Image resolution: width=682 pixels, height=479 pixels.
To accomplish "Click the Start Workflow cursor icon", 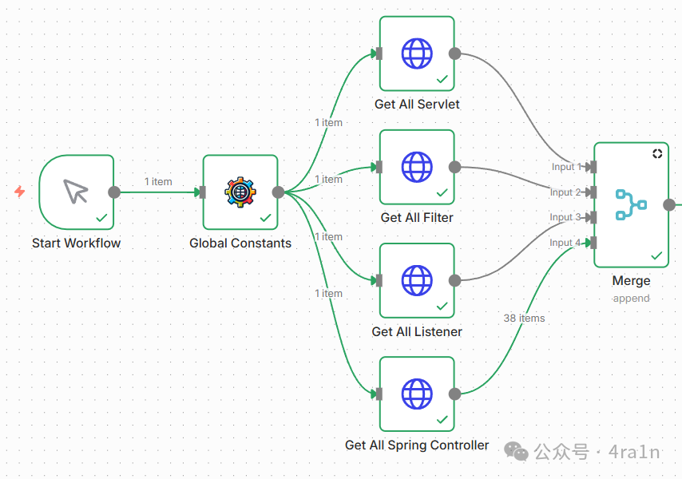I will [x=76, y=192].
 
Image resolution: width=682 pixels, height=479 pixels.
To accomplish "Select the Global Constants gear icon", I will [x=240, y=192].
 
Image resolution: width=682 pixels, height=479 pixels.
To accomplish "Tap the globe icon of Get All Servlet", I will [x=416, y=53].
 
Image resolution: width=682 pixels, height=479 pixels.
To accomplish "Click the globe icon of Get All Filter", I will [x=416, y=167].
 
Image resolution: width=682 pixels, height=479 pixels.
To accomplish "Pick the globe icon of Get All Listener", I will [x=416, y=280].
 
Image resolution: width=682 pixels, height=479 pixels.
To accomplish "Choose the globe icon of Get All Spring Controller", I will [x=416, y=394].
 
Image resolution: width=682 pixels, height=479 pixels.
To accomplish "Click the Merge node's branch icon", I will [x=631, y=204].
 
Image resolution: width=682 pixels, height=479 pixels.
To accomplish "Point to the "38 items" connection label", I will [x=524, y=318].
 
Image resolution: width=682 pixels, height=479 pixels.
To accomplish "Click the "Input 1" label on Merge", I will [x=566, y=167].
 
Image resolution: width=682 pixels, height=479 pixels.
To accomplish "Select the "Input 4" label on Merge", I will [x=566, y=243].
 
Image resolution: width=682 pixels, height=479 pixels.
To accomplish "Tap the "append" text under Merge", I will [x=631, y=298].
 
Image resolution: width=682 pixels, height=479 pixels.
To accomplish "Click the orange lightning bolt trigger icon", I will [x=20, y=192].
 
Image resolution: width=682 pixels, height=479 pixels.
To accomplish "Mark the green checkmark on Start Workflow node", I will [x=101, y=217].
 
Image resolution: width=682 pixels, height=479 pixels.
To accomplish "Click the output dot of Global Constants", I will [x=278, y=192].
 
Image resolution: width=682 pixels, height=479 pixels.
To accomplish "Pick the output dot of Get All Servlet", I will [x=454, y=53].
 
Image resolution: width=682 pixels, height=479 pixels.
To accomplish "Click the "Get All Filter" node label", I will [x=416, y=217].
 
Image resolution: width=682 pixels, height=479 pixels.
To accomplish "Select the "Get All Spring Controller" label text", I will [x=416, y=445].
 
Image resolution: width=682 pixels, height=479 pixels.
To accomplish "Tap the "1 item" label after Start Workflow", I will [x=158, y=181].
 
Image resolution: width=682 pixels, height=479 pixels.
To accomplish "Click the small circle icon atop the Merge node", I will [x=657, y=153].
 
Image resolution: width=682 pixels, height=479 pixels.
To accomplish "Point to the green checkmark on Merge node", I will [x=656, y=255].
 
